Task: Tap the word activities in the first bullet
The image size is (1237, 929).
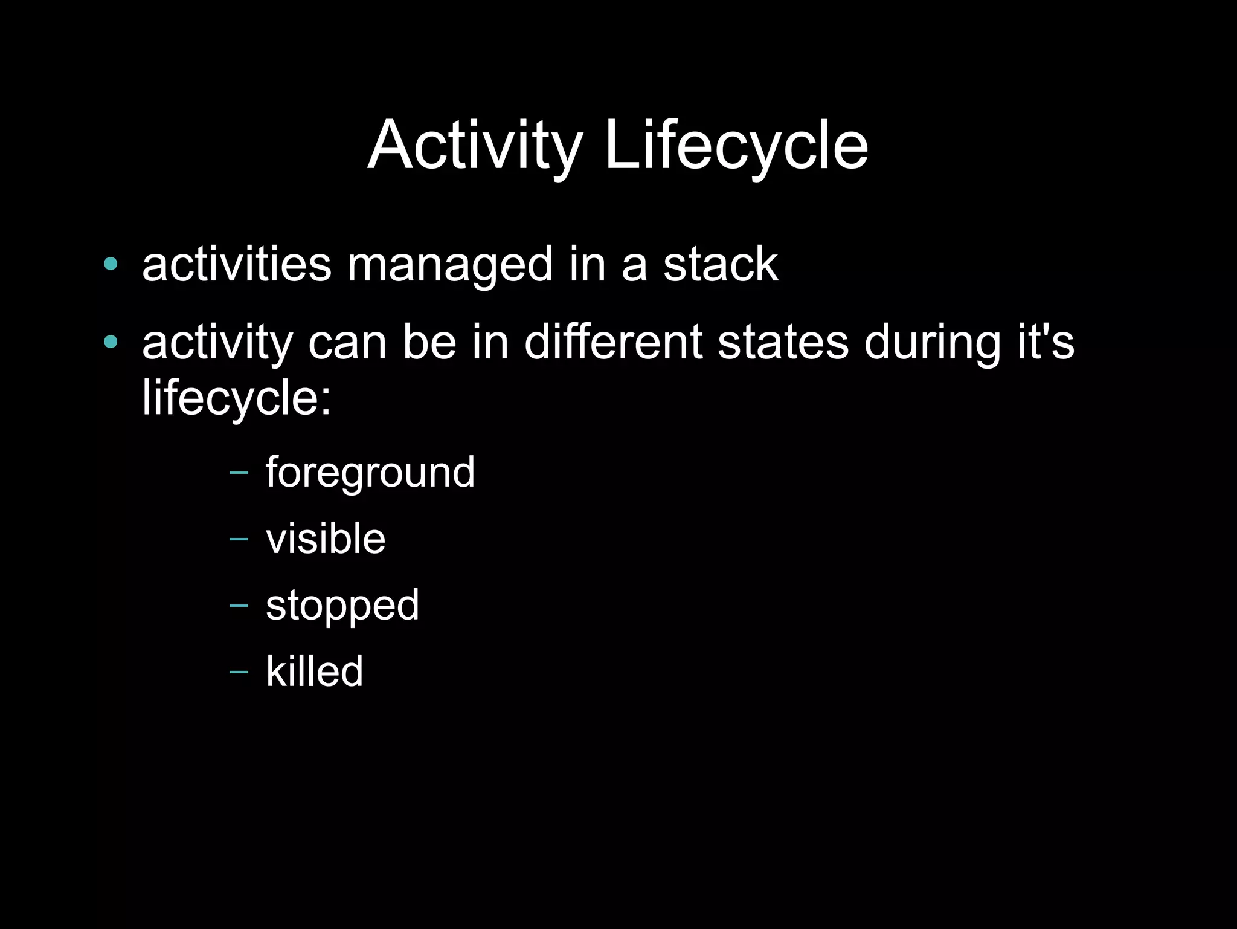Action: click(237, 264)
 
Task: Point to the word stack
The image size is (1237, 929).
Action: click(721, 264)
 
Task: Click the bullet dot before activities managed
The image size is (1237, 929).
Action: click(111, 264)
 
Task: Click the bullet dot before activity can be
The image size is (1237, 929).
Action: click(111, 342)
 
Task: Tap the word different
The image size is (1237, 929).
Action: click(613, 342)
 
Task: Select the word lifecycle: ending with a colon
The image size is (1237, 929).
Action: click(237, 399)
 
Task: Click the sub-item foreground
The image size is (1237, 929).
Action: click(370, 473)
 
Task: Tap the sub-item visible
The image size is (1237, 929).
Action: click(326, 538)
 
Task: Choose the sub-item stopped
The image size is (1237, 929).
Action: click(342, 606)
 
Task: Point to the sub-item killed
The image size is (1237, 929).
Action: click(315, 671)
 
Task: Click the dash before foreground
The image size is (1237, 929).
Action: click(239, 472)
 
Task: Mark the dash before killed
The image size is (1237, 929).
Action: click(239, 672)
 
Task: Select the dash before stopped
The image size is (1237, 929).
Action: click(239, 605)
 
